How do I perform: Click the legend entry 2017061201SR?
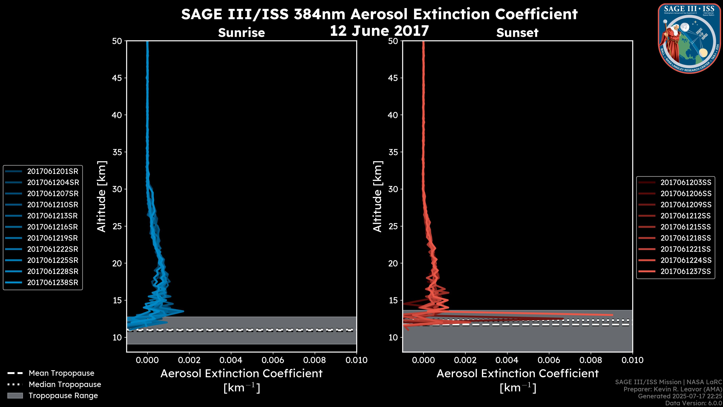click(x=53, y=171)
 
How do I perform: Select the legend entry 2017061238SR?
click(x=53, y=283)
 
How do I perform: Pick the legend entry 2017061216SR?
click(x=53, y=227)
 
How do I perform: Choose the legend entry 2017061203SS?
click(x=686, y=183)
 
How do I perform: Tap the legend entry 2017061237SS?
click(x=686, y=271)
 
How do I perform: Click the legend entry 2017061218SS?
click(x=686, y=238)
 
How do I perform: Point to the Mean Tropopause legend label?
click(x=61, y=373)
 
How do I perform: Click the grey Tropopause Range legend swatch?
click(x=15, y=396)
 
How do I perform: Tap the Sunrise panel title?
click(x=241, y=33)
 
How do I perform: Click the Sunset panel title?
click(x=517, y=33)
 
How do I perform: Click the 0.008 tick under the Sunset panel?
click(x=591, y=360)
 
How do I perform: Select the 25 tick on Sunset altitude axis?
click(x=393, y=226)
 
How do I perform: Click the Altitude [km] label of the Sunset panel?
click(x=378, y=197)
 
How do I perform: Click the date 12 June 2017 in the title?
click(x=379, y=31)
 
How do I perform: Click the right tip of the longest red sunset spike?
click(x=612, y=315)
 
